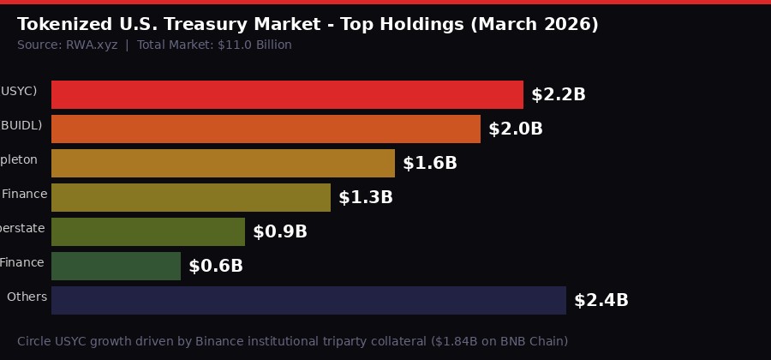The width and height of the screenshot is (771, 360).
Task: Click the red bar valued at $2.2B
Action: point(287,95)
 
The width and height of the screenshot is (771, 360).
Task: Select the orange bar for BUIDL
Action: point(266,129)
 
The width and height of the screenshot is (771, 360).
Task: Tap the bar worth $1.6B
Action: point(223,164)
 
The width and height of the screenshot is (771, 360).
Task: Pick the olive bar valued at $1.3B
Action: point(191,198)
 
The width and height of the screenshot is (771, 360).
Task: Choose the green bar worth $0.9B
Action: point(148,232)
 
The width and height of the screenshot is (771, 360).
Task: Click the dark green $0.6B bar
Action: point(116,267)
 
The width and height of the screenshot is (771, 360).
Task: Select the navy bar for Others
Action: point(308,301)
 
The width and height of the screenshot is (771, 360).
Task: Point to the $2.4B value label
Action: point(601,301)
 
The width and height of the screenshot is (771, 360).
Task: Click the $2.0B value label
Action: point(516,129)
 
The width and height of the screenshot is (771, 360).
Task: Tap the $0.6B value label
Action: point(216,267)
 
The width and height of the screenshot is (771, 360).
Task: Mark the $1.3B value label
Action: point(366,198)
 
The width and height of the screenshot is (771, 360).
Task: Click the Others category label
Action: point(27,297)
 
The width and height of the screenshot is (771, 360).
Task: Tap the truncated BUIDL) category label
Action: point(21,126)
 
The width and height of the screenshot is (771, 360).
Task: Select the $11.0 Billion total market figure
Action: point(256,45)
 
